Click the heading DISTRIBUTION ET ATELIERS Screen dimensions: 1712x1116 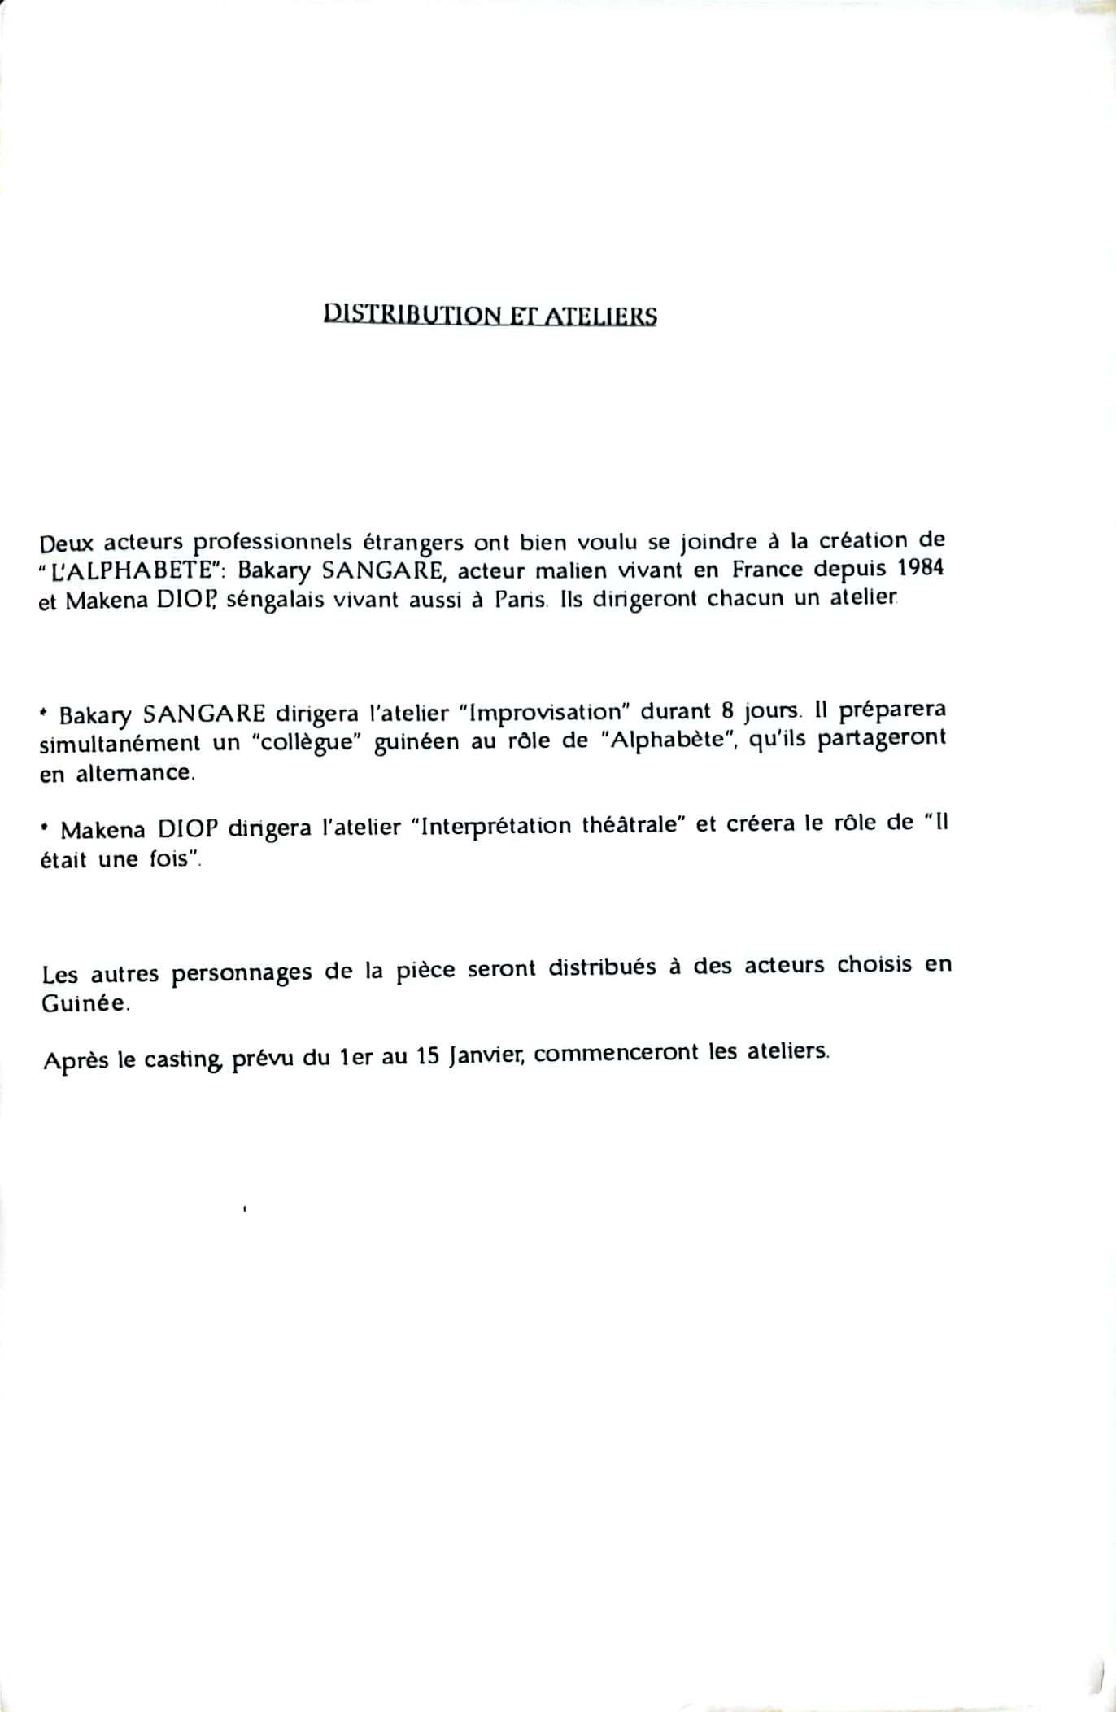(490, 316)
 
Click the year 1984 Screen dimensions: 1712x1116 (922, 567)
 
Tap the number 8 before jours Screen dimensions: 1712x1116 (727, 710)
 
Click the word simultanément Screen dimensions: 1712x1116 (120, 744)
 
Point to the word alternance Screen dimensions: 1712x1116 (136, 773)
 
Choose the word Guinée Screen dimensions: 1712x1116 (85, 1003)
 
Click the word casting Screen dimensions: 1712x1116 (182, 1060)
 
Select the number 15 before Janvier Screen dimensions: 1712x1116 (428, 1057)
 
